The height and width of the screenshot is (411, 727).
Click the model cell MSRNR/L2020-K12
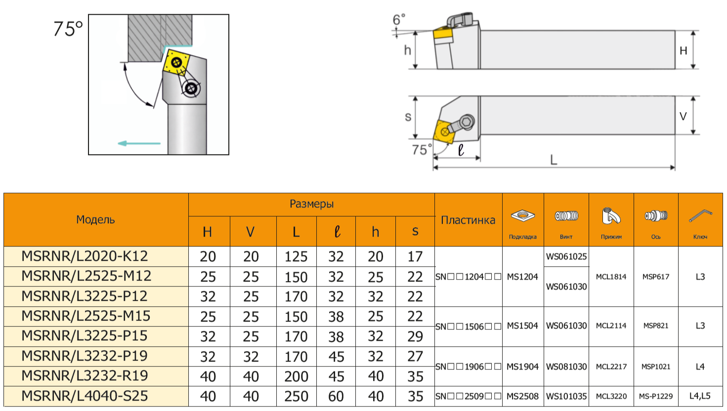click(x=85, y=256)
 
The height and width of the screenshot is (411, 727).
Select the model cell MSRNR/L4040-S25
click(x=85, y=396)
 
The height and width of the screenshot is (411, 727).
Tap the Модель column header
click(x=95, y=220)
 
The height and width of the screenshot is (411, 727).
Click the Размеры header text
click(x=311, y=204)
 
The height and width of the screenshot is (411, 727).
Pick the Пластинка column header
click(x=468, y=220)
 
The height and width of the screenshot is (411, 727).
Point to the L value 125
click(x=296, y=257)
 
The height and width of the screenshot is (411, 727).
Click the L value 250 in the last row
click(x=296, y=396)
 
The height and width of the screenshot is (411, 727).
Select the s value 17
click(x=415, y=257)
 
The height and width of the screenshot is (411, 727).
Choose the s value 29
click(x=415, y=336)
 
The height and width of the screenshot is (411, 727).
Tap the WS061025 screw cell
click(x=566, y=256)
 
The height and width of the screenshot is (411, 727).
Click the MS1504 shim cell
click(x=522, y=326)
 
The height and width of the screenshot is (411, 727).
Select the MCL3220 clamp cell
click(x=611, y=396)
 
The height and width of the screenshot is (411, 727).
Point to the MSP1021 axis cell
click(x=656, y=367)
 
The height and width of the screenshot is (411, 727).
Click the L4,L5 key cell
click(x=700, y=396)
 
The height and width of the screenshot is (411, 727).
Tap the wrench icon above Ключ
click(x=700, y=216)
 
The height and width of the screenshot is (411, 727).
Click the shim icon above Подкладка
click(x=523, y=216)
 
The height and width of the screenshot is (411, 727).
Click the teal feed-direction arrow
click(x=139, y=143)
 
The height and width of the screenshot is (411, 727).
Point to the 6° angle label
click(x=399, y=20)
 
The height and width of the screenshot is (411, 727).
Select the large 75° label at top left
click(x=68, y=29)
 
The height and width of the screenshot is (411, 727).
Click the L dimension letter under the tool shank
click(x=554, y=160)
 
